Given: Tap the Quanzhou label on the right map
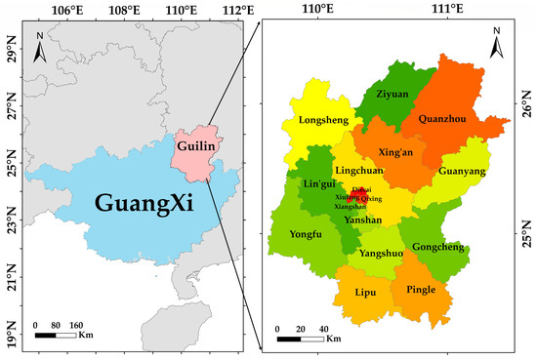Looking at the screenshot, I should (x=441, y=121).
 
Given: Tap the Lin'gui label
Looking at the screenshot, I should (x=317, y=185).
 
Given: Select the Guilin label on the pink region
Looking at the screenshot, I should (x=196, y=142).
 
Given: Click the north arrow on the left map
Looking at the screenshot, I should (x=40, y=42).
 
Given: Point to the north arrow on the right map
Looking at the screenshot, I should (x=496, y=43).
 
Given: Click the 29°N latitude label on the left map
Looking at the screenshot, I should (x=11, y=45).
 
